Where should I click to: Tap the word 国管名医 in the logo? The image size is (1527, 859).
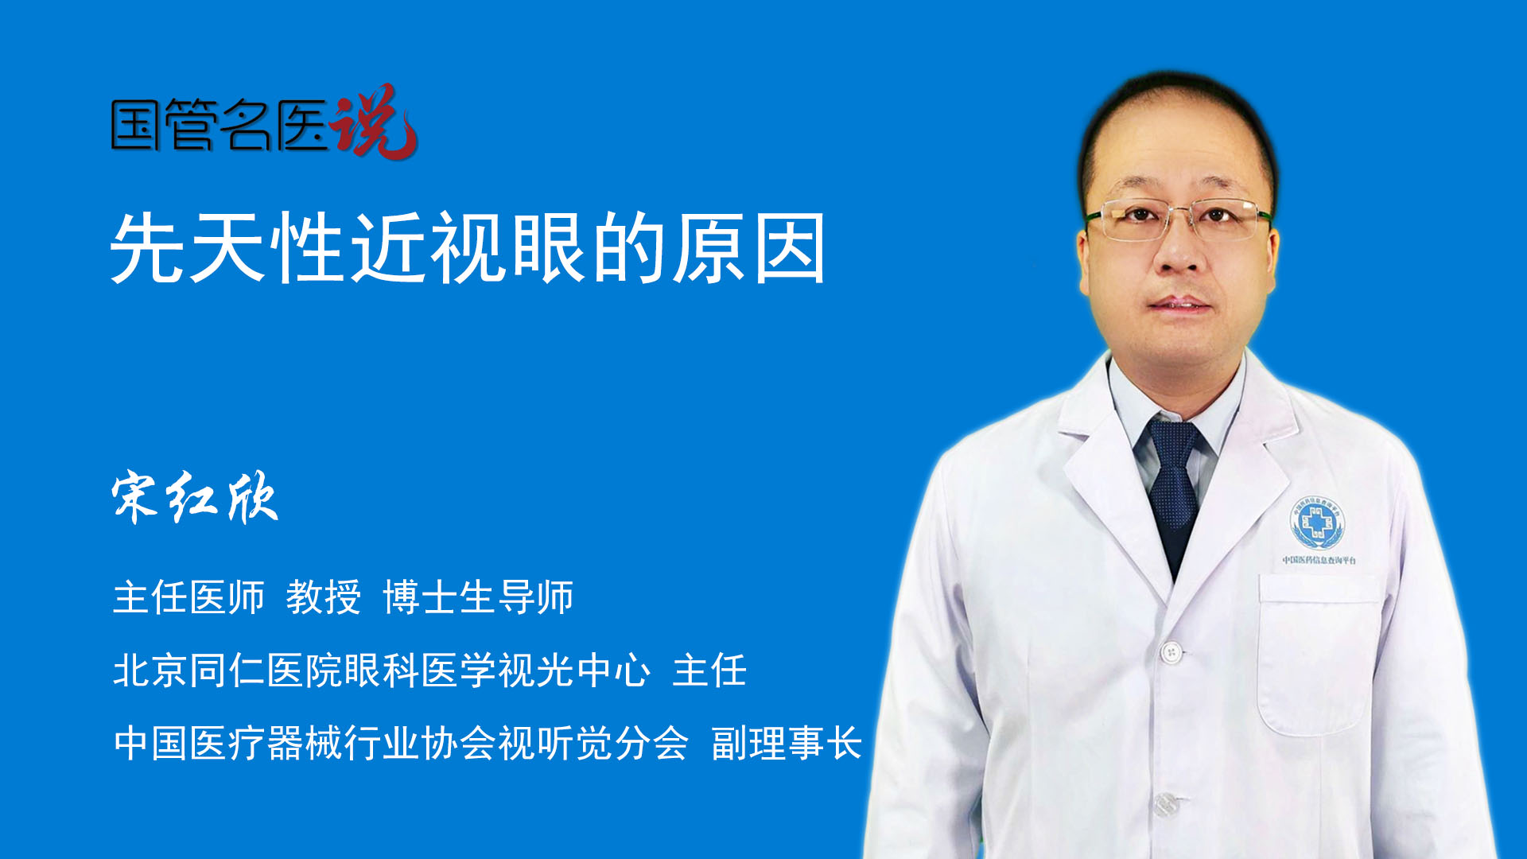219,125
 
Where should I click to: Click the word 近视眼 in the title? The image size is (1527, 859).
469,248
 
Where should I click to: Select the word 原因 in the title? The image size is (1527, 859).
749,248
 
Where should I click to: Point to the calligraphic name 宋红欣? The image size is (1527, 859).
195,498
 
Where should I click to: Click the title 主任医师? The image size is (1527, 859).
188,597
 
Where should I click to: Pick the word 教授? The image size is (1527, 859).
323,597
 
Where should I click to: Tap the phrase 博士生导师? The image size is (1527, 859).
478,597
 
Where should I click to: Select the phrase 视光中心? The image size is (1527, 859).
573,670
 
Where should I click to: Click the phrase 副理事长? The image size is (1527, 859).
787,744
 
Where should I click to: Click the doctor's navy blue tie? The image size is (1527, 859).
1174,485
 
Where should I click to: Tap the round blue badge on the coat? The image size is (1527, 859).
1317,522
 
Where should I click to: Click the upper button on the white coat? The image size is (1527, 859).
1170,653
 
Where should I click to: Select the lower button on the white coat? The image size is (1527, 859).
1165,804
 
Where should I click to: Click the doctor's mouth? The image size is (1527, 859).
1179,305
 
